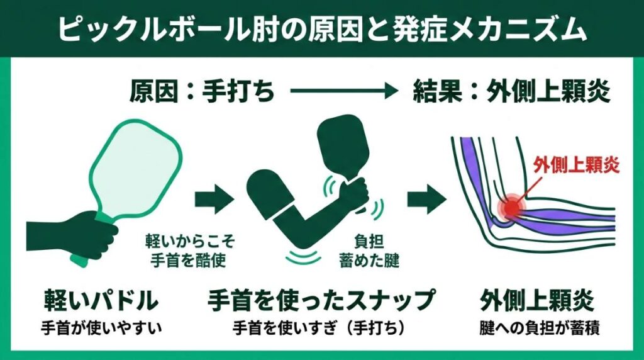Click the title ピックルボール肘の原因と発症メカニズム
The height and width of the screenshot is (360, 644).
click(322, 28)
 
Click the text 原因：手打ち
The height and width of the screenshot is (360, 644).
click(202, 93)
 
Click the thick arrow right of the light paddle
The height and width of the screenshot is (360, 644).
click(214, 200)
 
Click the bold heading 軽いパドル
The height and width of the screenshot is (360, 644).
click(100, 300)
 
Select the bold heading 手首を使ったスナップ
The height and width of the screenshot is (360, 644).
click(321, 300)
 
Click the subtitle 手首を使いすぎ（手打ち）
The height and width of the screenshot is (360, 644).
click(321, 328)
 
